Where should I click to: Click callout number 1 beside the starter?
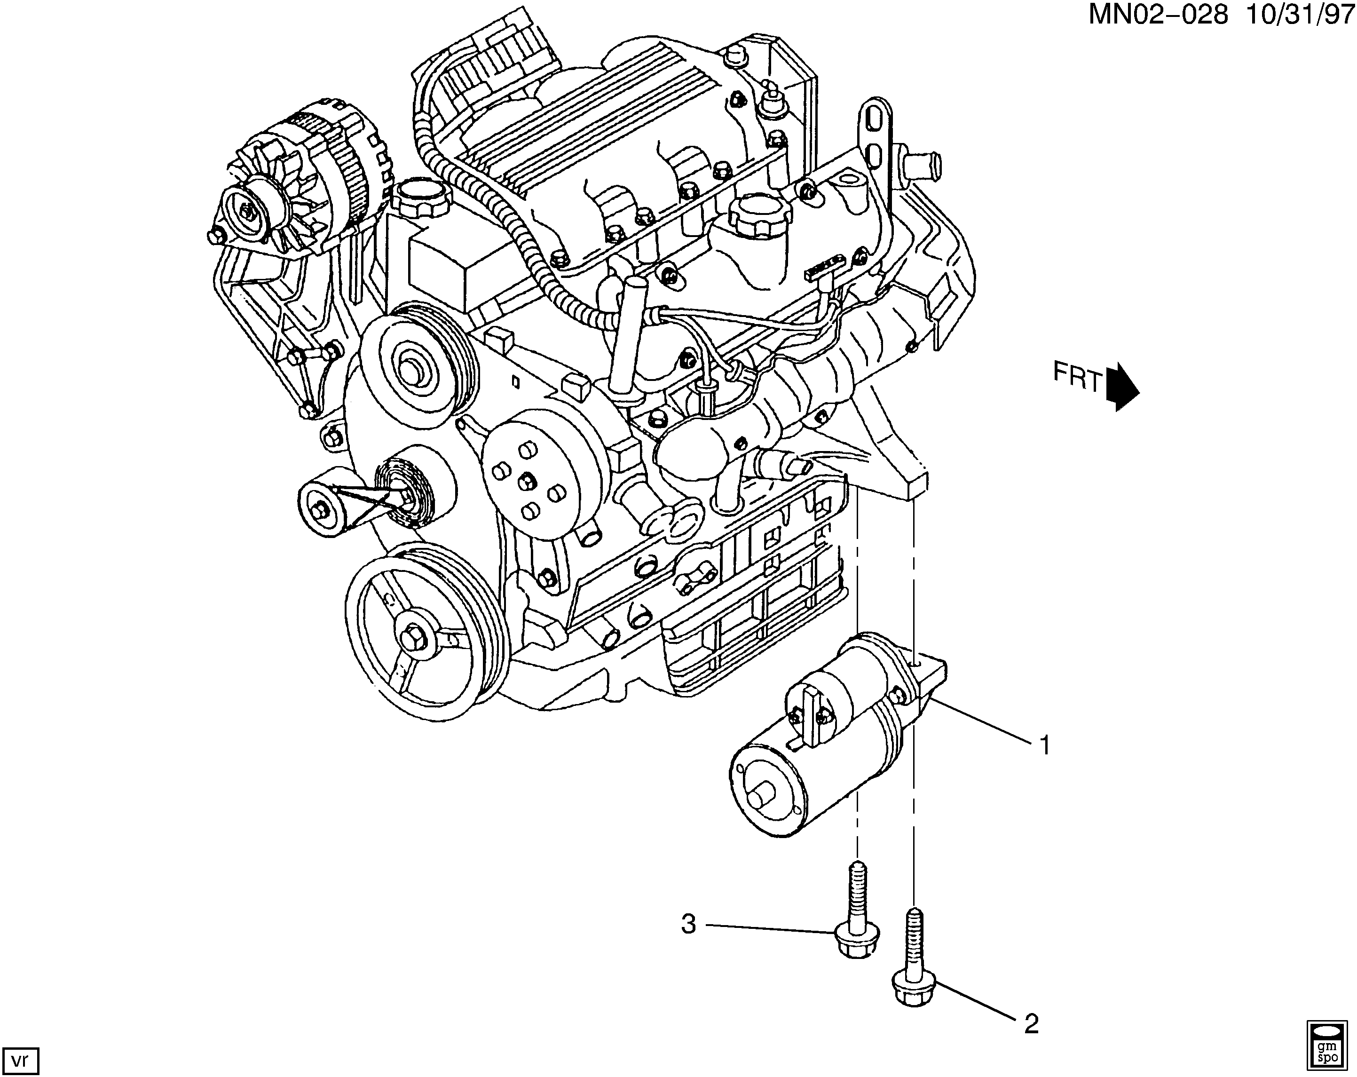point(1045,746)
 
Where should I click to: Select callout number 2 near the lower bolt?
point(1031,1025)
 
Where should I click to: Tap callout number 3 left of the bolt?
point(689,925)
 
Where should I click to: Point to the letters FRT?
point(1078,377)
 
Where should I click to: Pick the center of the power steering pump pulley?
point(411,368)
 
